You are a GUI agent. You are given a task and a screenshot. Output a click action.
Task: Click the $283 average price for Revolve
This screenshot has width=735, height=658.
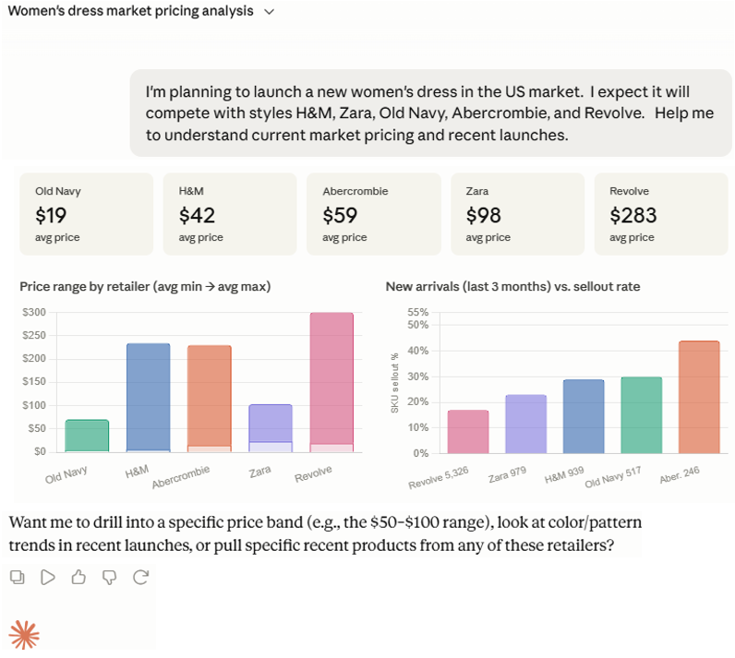pyautogui.click(x=633, y=215)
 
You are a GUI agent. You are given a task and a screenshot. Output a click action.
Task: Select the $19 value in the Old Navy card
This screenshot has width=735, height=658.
pyautogui.click(x=51, y=215)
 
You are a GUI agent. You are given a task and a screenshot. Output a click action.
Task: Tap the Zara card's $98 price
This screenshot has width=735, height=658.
pyautogui.click(x=483, y=215)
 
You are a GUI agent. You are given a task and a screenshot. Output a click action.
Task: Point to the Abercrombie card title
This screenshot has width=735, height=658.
pyautogui.click(x=355, y=191)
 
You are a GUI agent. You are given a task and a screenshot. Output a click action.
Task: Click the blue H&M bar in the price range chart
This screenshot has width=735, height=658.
pyautogui.click(x=148, y=398)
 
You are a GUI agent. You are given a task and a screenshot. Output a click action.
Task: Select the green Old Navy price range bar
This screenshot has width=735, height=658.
pyautogui.click(x=87, y=436)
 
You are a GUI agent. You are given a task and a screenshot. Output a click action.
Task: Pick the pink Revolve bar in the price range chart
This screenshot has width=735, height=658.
pyautogui.click(x=331, y=382)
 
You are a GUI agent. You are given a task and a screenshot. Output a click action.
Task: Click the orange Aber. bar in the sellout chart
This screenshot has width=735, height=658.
pyautogui.click(x=699, y=397)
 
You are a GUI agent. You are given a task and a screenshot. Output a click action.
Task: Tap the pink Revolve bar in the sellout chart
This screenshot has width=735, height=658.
pyautogui.click(x=468, y=432)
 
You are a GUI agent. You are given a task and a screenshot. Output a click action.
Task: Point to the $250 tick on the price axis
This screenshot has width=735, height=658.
pyautogui.click(x=34, y=335)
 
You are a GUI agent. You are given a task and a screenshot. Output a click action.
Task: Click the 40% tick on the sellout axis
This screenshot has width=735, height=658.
pyautogui.click(x=418, y=351)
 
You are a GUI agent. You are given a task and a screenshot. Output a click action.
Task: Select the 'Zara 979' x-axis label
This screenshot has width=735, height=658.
pyautogui.click(x=507, y=474)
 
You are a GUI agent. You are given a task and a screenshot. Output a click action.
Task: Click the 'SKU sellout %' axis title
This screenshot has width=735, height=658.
pyautogui.click(x=394, y=383)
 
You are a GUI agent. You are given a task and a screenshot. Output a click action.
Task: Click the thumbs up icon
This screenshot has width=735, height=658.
pyautogui.click(x=78, y=577)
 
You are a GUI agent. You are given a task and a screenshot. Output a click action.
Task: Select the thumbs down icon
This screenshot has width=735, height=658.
pyautogui.click(x=110, y=578)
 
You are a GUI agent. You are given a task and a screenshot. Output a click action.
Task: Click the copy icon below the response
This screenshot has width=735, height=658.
pyautogui.click(x=18, y=577)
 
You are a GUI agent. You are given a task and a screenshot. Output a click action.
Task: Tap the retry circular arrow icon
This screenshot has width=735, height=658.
pyautogui.click(x=140, y=577)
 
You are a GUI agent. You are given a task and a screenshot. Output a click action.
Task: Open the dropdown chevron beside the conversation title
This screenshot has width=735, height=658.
pyautogui.click(x=269, y=12)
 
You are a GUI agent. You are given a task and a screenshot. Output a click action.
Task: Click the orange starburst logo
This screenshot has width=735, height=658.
pyautogui.click(x=24, y=635)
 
